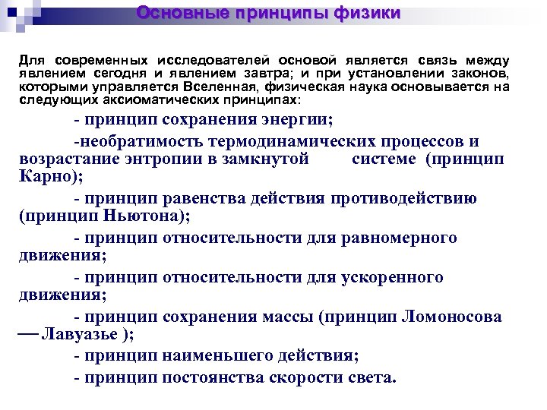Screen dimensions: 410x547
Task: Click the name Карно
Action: [43, 178]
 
